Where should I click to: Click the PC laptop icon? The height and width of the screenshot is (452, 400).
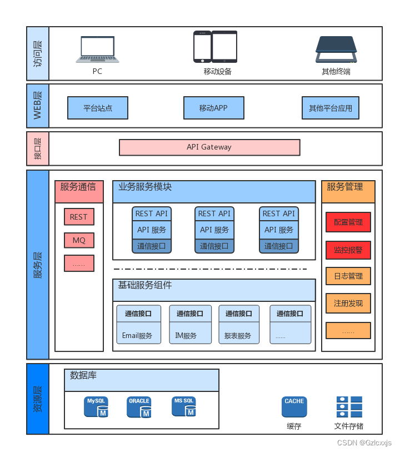pos(98,49)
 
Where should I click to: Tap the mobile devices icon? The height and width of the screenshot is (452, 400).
pos(215,47)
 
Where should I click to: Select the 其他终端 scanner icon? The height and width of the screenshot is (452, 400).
pos(336,49)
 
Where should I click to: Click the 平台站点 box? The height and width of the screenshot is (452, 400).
pos(98,108)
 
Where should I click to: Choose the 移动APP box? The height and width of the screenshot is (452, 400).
pos(214,108)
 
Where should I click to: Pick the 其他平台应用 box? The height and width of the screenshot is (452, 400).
pos(331,108)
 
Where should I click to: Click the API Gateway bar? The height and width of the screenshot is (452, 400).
pos(209,147)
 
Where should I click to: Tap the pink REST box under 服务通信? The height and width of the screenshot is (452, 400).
pos(79,216)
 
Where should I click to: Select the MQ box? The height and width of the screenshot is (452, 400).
pos(79,240)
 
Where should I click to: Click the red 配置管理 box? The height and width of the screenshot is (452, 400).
pos(348,222)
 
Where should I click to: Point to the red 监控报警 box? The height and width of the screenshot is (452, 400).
pos(348,250)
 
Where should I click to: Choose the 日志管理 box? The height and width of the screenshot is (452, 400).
pos(348,276)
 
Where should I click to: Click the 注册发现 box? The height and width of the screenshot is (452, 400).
pos(348,303)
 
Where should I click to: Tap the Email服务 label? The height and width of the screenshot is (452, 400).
pos(137,336)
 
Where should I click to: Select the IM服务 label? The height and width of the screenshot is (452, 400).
pos(186,336)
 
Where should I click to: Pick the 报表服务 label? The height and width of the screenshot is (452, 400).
pos(238,336)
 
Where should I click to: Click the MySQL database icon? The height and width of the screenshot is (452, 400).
pos(96,407)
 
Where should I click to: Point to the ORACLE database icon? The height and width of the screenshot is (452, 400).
pos(139,407)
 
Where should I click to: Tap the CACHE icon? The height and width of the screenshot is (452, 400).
pos(294,407)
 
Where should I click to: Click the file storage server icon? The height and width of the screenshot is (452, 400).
pos(349,407)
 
